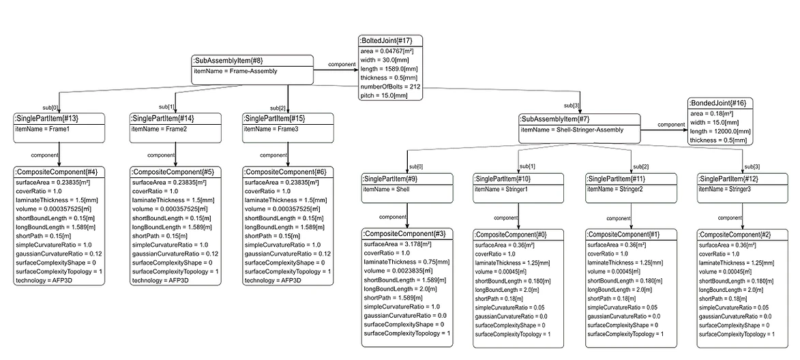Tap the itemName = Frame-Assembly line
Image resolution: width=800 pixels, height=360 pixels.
pyautogui.click(x=235, y=72)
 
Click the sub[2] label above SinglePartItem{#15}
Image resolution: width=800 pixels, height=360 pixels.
pyautogui.click(x=278, y=108)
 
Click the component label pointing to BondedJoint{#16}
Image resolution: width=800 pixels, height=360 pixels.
pyautogui.click(x=671, y=124)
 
